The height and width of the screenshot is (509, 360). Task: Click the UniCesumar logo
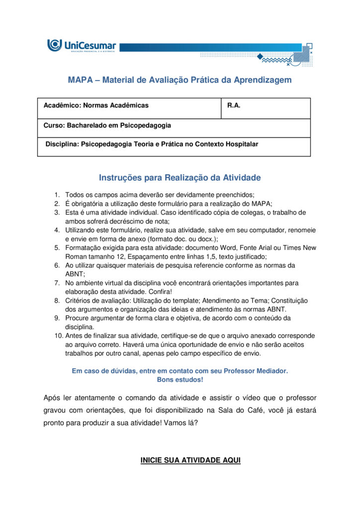tap(82, 46)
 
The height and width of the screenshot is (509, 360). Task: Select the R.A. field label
tap(234, 105)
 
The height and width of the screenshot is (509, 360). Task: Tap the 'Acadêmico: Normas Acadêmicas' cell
tap(96, 105)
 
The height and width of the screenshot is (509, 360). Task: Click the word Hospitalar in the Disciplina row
tap(242, 144)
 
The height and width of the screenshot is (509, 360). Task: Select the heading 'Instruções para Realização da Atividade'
tap(180, 177)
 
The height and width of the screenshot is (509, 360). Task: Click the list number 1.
tap(57, 195)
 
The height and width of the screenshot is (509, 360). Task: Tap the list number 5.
tap(57, 248)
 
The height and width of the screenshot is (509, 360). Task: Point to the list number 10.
tap(58, 336)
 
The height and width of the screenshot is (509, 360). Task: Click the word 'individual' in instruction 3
tap(134, 212)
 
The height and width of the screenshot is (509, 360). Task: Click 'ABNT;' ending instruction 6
tap(75, 274)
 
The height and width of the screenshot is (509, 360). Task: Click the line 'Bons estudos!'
tap(180, 380)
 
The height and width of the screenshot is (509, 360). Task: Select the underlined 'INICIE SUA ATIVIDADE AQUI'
tap(190, 461)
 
